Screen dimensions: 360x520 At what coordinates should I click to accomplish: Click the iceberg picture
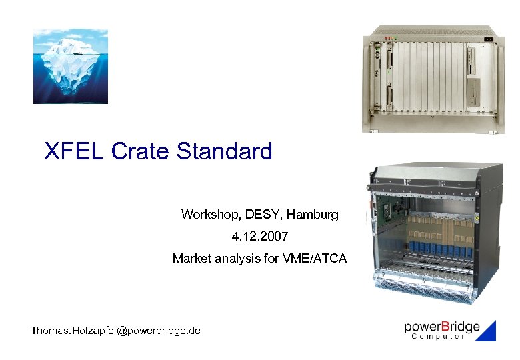coord(71,66)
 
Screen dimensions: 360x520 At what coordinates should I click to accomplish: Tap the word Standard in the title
coord(224,151)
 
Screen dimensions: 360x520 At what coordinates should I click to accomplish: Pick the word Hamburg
coord(315,215)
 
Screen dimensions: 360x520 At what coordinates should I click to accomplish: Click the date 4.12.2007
coord(260,236)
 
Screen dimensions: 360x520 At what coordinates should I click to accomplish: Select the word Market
coord(192,257)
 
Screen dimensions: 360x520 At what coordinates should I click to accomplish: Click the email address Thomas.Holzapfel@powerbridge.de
coord(115,330)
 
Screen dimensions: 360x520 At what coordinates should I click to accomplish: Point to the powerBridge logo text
coord(441,327)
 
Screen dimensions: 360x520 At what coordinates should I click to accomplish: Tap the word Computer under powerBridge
coord(438,337)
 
